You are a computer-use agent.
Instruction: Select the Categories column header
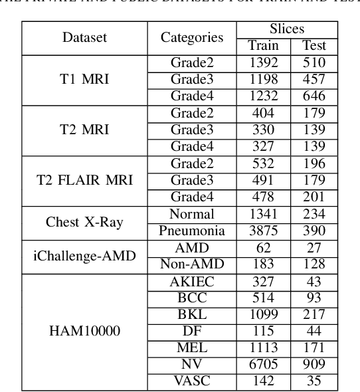pos(192,38)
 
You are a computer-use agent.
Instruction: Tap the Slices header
pos(287,30)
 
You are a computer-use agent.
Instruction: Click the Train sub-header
pos(263,47)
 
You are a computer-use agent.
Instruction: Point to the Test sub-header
pos(314,47)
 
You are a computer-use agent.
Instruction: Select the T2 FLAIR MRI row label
pos(84,180)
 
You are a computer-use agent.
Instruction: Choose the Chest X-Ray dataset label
pos(84,223)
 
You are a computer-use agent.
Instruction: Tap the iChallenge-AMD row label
pos(84,256)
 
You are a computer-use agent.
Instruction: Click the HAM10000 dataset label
pos(84,332)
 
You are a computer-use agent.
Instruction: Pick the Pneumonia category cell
pos(192,231)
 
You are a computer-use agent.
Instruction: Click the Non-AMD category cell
pos(192,264)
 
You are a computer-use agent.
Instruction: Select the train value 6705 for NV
pos(263,365)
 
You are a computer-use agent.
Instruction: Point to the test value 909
pos(314,365)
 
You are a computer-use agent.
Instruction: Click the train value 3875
pos(263,231)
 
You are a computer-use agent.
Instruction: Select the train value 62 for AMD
pos(263,248)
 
